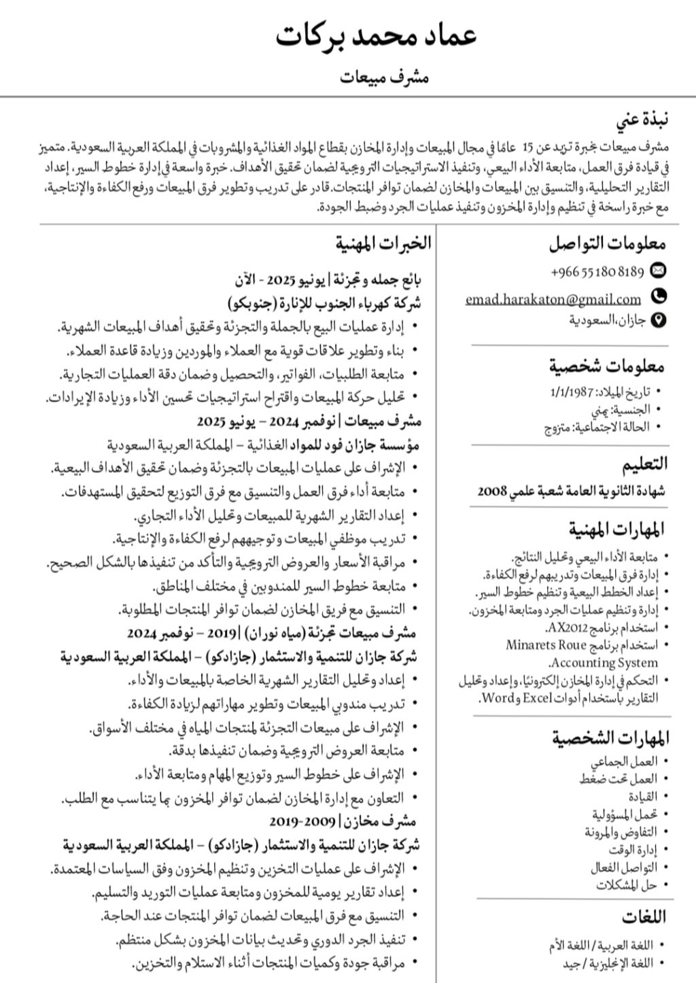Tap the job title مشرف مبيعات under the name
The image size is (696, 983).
[x=385, y=77]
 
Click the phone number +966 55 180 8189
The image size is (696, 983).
[x=597, y=271]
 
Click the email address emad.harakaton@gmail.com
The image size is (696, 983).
[x=553, y=298]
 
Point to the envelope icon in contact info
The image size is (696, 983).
[x=658, y=271]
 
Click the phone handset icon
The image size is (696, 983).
[x=658, y=296]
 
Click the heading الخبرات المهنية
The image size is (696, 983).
[x=383, y=243]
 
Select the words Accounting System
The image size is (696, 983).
[x=604, y=662]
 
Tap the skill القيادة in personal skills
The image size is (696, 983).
[x=643, y=796]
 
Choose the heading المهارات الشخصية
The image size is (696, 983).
[x=610, y=738]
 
